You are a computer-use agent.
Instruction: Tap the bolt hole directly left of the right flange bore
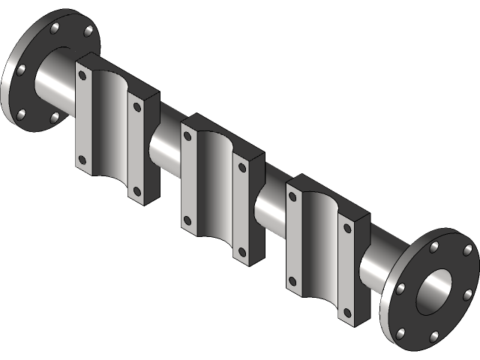point(400,288)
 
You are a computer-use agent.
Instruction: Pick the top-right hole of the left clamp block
point(137,107)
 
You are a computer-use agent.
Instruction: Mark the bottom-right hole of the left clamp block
point(137,190)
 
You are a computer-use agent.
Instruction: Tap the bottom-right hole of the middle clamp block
point(241,251)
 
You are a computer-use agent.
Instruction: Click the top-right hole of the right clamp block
point(346,227)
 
